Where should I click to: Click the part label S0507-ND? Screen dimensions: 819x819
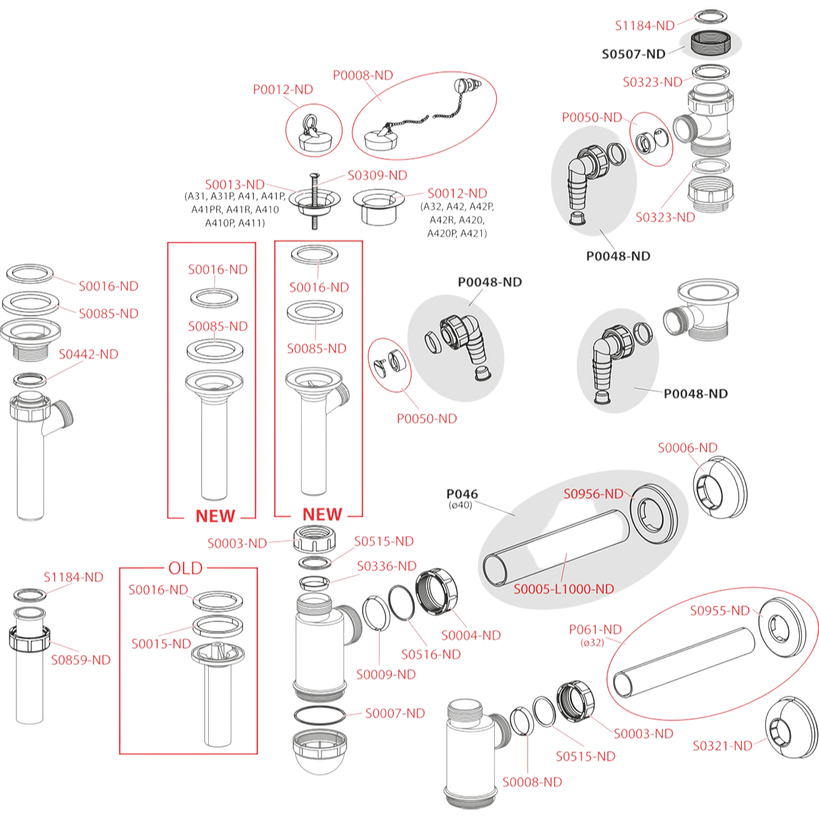coord(633,54)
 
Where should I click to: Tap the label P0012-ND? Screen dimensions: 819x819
coord(283,89)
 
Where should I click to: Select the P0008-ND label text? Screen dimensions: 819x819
coord(363,75)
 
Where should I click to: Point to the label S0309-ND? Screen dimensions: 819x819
coord(377,175)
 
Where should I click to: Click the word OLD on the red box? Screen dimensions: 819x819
coord(186,568)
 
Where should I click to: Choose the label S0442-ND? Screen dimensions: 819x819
coord(88,354)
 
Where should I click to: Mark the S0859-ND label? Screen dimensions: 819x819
coord(81,660)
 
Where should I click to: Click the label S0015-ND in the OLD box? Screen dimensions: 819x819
coord(161,644)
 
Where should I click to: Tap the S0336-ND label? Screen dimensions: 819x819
coord(386,566)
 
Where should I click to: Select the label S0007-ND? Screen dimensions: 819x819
coord(394,713)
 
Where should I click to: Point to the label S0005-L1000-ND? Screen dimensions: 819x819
coord(564,588)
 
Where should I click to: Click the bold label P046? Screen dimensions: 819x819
coord(462,493)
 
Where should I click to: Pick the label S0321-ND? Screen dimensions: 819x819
coord(722,746)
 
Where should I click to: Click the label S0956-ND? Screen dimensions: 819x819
coord(593,493)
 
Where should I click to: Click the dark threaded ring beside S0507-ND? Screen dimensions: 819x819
coord(711,42)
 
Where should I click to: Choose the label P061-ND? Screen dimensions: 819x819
coord(595,629)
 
